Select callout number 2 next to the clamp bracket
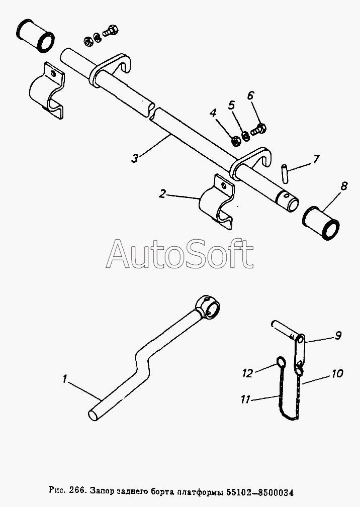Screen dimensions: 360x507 pyautogui.click(x=162, y=194)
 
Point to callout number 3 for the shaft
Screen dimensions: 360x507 pyautogui.click(x=135, y=158)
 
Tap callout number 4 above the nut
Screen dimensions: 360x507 pyautogui.click(x=213, y=113)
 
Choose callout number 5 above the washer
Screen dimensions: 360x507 pyautogui.click(x=232, y=105)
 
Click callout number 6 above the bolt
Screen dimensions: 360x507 pyautogui.click(x=251, y=95)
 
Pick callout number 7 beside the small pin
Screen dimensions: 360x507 pyautogui.click(x=316, y=159)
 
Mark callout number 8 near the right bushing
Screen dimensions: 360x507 pyautogui.click(x=343, y=186)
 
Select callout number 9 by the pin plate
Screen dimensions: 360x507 pyautogui.click(x=338, y=335)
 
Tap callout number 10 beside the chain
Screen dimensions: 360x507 pyautogui.click(x=337, y=373)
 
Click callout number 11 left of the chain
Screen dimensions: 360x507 pyautogui.click(x=245, y=399)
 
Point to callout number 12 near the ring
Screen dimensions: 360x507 pyautogui.click(x=247, y=373)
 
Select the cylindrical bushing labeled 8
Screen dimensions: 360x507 pyautogui.click(x=321, y=224)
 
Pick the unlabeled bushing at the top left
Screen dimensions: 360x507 pyautogui.click(x=35, y=36)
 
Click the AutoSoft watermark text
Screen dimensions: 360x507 pyautogui.click(x=180, y=254)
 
